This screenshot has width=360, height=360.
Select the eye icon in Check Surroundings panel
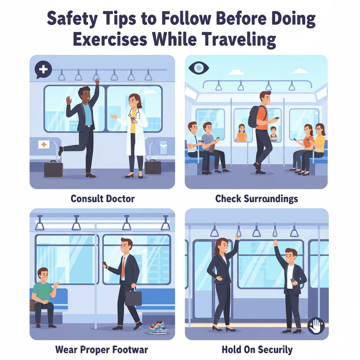[x=199, y=68]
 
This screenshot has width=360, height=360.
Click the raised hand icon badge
[x=315, y=326]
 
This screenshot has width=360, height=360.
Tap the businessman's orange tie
[x=123, y=268]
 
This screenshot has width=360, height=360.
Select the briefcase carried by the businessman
[x=133, y=297]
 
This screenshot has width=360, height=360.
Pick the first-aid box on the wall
[x=44, y=144]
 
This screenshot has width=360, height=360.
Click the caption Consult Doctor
[x=103, y=199]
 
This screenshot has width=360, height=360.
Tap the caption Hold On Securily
[x=257, y=349]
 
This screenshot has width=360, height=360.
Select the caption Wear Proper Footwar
[x=102, y=349]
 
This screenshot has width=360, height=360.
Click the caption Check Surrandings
[x=256, y=199]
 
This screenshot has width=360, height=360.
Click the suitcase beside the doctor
[x=153, y=167]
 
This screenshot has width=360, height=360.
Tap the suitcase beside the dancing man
[x=53, y=169]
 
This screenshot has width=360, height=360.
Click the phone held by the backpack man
[x=277, y=119]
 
